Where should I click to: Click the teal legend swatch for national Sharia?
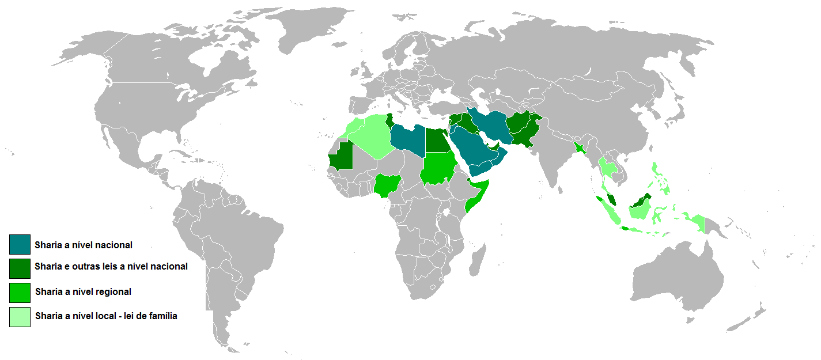(x=20, y=245)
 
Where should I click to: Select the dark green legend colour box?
(x=20, y=268)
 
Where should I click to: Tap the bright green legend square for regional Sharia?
(x=20, y=293)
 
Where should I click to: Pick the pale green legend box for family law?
(x=20, y=317)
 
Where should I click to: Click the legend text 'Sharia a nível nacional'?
(x=84, y=245)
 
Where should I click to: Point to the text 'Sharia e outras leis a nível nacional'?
(x=111, y=267)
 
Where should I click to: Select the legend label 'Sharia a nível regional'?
(x=83, y=292)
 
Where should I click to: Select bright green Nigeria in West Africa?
(x=388, y=185)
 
